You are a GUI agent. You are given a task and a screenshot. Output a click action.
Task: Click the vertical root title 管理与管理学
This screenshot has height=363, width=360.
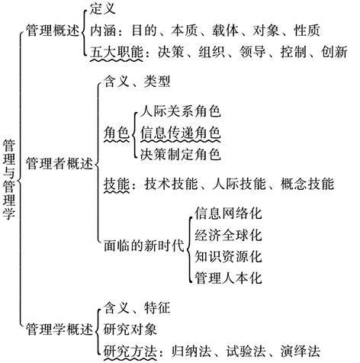click(9, 180)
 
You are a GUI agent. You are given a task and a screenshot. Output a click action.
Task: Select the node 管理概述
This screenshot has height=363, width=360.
click(53, 31)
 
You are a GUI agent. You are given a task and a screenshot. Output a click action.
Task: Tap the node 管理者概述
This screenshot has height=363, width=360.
click(59, 163)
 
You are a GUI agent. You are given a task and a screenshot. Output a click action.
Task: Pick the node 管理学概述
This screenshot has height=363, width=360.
click(59, 329)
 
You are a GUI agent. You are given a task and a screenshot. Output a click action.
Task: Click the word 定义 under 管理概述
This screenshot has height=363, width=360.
click(103, 8)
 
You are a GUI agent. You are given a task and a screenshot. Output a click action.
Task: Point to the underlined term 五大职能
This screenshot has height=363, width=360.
click(117, 52)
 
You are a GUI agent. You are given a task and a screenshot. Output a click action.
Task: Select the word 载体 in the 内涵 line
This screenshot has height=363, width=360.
click(225, 31)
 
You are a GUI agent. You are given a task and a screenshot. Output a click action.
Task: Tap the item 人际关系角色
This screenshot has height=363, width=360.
click(180, 111)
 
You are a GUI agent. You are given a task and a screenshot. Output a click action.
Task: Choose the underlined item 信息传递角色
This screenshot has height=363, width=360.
click(180, 133)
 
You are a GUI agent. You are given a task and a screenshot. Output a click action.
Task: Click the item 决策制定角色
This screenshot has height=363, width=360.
click(180, 154)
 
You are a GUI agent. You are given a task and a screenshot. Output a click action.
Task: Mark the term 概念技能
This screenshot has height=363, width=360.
click(307, 184)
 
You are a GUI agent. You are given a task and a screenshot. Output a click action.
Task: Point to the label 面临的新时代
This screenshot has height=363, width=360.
click(144, 246)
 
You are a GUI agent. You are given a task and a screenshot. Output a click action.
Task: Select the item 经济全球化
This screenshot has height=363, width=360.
click(228, 235)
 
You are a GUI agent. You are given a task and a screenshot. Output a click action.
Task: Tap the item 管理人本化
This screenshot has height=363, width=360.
click(228, 278)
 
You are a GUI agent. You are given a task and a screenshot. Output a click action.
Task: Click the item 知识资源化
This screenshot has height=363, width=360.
click(228, 256)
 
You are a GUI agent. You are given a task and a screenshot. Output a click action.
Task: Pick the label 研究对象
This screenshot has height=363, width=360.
click(130, 329)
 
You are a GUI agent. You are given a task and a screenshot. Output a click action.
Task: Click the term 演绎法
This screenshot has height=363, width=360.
click(301, 352)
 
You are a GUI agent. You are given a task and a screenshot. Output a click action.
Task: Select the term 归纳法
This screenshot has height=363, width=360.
click(191, 352)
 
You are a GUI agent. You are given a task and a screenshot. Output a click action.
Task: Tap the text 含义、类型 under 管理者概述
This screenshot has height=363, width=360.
click(137, 82)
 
